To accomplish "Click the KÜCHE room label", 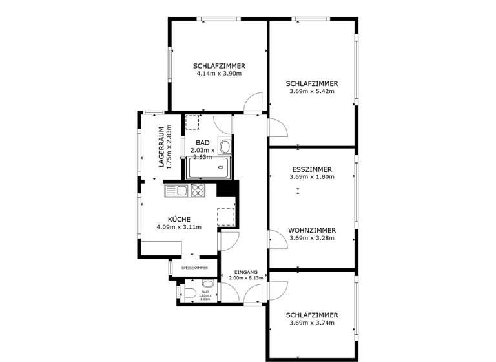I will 179,219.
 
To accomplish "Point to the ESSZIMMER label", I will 312,169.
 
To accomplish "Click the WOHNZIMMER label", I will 312,229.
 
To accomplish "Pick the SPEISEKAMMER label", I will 194,267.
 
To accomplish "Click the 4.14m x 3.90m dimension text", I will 219,74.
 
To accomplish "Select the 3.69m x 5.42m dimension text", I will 312,91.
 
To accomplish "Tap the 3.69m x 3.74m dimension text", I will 312,323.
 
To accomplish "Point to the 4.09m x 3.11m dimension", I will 179,227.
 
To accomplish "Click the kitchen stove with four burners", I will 198,190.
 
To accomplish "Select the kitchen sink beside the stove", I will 176,190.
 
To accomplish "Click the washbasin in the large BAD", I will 225,146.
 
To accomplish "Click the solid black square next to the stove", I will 224,188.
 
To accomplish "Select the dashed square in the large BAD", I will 192,123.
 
